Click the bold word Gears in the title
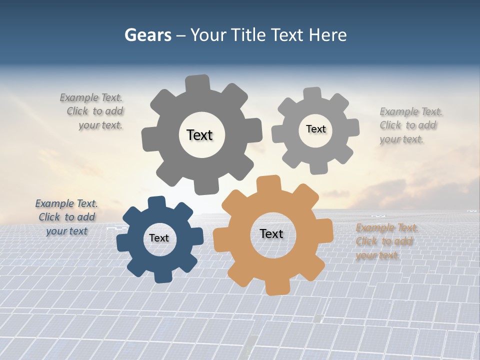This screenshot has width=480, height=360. [147, 35]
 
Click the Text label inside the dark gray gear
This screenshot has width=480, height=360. [199, 135]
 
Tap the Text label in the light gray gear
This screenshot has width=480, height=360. [315, 129]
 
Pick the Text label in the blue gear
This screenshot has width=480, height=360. [159, 238]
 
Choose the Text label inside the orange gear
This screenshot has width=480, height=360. [271, 233]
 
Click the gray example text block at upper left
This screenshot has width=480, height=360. [92, 111]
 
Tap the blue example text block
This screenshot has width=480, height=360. [66, 217]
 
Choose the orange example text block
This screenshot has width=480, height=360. [385, 241]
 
